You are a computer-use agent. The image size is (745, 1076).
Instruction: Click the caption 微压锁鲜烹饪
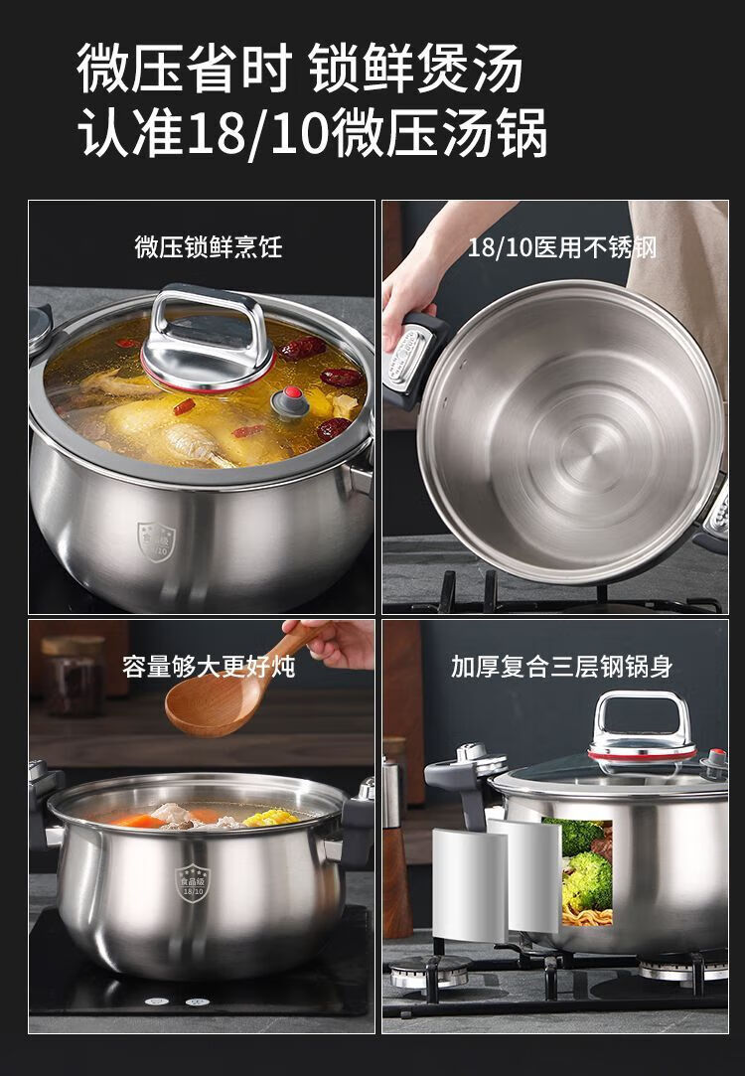(209, 247)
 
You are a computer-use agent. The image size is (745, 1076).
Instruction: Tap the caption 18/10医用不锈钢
(562, 247)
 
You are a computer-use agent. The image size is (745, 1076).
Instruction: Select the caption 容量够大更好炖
(209, 667)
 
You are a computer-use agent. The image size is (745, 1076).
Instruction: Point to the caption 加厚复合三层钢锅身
(562, 667)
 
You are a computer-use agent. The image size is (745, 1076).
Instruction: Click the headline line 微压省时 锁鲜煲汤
(299, 68)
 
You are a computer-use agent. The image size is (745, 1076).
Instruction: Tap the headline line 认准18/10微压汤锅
(312, 132)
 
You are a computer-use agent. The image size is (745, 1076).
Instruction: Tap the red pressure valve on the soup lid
(291, 401)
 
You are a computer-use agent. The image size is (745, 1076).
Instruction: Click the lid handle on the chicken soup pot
(208, 340)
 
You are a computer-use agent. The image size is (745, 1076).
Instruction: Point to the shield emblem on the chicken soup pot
(156, 540)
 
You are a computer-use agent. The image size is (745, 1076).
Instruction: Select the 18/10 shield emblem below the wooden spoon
(193, 882)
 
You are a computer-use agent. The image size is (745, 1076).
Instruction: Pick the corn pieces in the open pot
(271, 818)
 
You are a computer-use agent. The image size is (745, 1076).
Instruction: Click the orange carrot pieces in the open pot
(141, 820)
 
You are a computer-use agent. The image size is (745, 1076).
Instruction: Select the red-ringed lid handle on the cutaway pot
(642, 726)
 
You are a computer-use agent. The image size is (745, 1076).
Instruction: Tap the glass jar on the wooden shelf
(74, 677)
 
